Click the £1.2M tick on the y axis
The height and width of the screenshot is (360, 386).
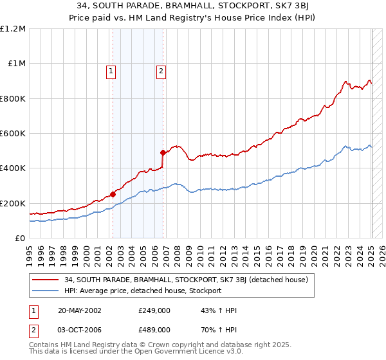13,29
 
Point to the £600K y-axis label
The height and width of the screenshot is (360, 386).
13,134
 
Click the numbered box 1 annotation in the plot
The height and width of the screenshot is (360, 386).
111,72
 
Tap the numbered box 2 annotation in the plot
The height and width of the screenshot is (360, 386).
161,72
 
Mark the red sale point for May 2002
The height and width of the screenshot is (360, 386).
113,194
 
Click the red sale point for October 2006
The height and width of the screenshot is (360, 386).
163,152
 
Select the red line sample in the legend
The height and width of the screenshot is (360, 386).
46,280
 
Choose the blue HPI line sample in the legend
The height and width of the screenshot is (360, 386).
46,291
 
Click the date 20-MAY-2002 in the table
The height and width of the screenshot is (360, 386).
74,310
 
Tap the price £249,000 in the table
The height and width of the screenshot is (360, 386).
154,310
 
